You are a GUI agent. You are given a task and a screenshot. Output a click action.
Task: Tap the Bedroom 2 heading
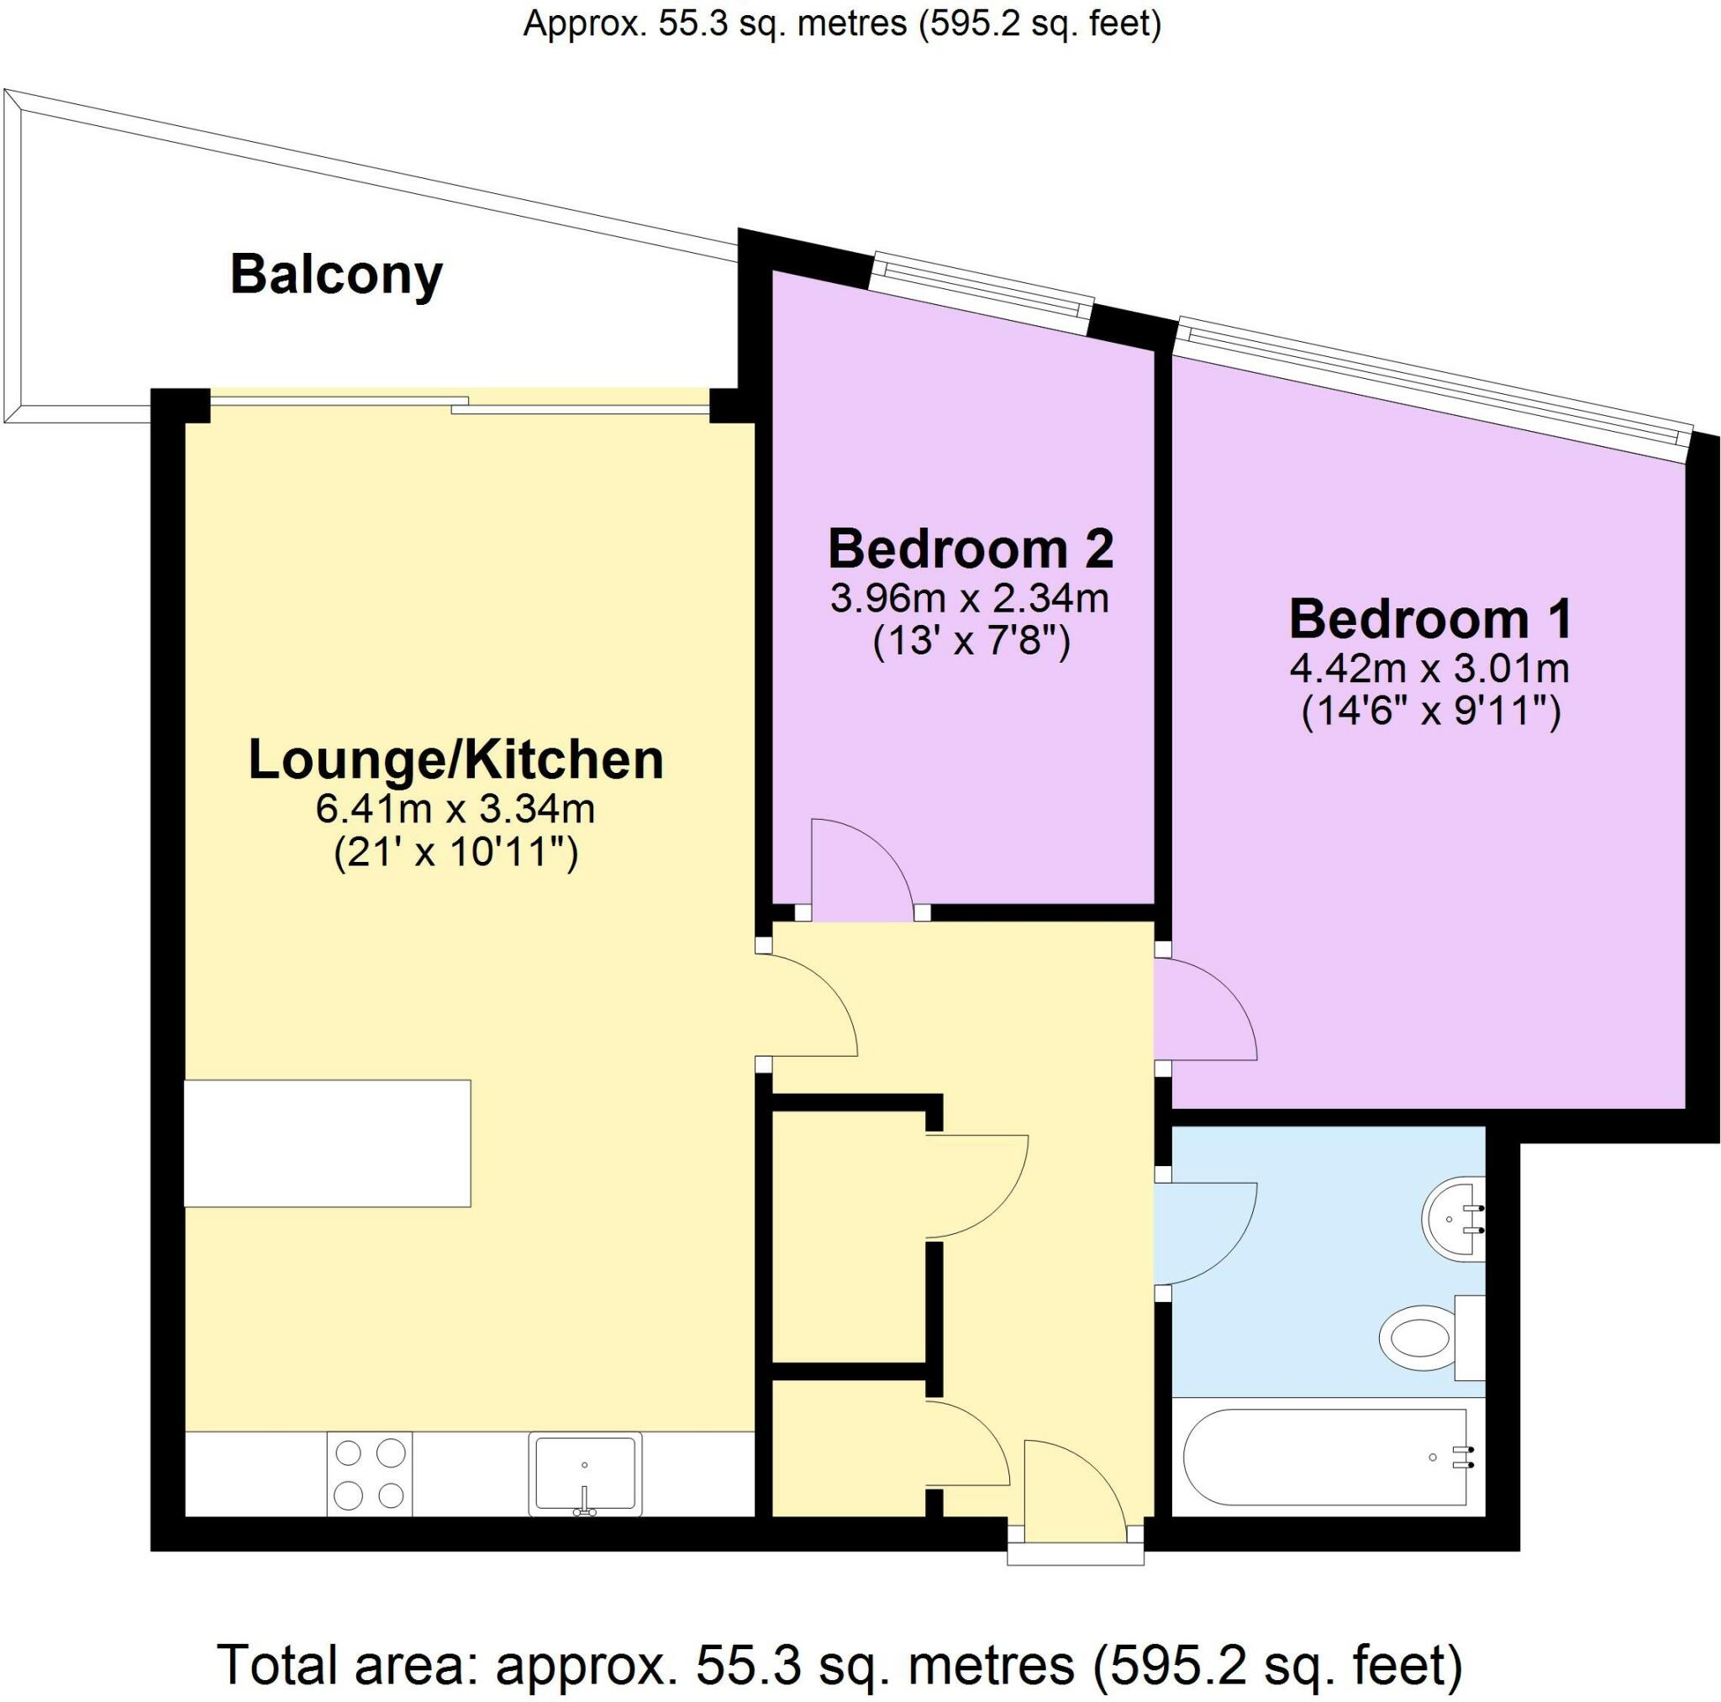click(x=970, y=549)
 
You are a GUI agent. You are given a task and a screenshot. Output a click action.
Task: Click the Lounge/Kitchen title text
click(x=455, y=760)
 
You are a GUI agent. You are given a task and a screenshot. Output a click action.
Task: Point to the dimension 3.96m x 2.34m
click(x=970, y=598)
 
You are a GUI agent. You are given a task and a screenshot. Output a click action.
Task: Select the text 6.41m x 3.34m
click(x=455, y=810)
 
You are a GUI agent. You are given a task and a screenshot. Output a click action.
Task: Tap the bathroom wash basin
click(x=1453, y=1219)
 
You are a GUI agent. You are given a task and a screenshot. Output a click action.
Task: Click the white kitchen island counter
click(x=327, y=1143)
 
